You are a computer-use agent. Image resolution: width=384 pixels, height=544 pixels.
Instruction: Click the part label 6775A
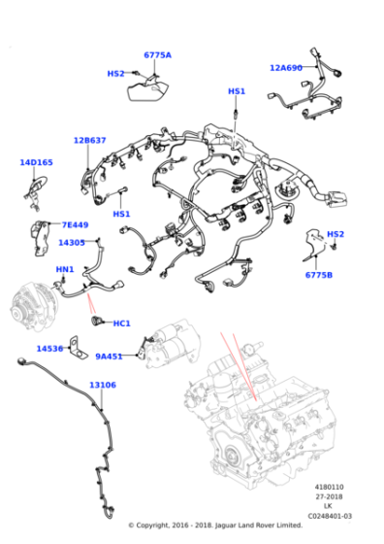(x=157, y=55)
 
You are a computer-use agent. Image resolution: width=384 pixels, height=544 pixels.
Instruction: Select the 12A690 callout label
(x=286, y=68)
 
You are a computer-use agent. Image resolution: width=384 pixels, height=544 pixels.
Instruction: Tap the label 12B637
(x=89, y=141)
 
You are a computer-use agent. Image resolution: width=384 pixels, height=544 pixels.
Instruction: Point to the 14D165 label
(x=36, y=162)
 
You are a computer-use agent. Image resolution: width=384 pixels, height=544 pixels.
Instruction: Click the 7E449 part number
(x=75, y=224)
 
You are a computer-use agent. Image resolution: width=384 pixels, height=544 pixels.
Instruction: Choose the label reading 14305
(x=72, y=243)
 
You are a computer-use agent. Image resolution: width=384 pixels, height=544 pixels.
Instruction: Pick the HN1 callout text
(x=65, y=269)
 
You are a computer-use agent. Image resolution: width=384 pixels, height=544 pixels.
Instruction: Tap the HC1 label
(x=122, y=323)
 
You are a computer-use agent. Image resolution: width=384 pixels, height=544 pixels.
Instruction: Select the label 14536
(x=49, y=349)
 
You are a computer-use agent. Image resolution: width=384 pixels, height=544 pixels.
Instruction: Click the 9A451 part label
(x=109, y=357)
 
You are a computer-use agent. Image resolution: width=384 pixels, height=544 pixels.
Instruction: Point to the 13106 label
(x=103, y=385)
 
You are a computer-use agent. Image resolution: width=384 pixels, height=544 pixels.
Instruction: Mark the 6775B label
(x=319, y=275)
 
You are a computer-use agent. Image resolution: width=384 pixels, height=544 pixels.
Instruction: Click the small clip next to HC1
(x=96, y=321)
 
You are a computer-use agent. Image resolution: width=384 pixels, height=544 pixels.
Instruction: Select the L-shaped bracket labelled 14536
(x=78, y=348)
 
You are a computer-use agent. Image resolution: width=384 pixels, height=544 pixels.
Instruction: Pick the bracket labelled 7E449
(x=40, y=238)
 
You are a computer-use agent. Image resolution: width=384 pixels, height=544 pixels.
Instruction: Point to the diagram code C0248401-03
(x=330, y=516)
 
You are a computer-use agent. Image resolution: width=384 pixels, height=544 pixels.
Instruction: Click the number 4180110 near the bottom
(x=330, y=487)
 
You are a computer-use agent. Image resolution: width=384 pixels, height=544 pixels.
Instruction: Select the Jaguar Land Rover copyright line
(x=215, y=526)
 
